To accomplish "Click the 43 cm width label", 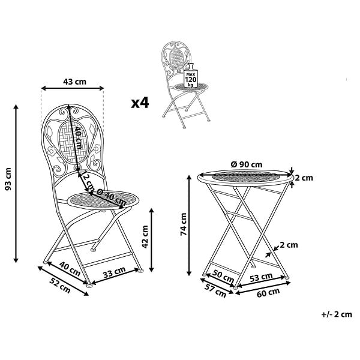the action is (74, 82).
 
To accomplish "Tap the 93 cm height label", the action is (8, 179).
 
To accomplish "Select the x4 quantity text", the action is (140, 103).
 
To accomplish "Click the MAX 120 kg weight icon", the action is (191, 76).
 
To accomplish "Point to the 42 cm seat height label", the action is (145, 237).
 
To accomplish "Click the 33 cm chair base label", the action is (114, 272).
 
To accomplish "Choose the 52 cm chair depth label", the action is (60, 286).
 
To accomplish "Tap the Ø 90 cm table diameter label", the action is (247, 164).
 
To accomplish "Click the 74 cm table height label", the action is (184, 224).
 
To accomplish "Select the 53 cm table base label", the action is (261, 277).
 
